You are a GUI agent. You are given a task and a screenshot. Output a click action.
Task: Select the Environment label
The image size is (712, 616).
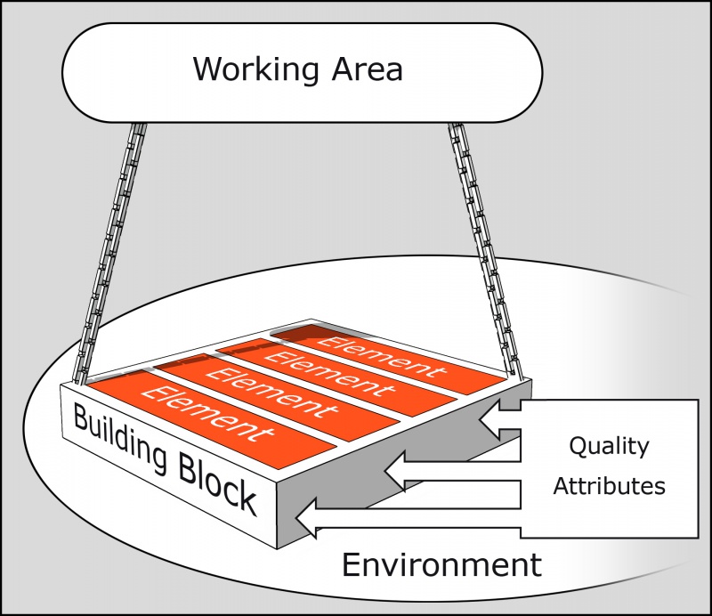pyautogui.click(x=442, y=563)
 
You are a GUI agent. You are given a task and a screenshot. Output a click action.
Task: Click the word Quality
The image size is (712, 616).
pyautogui.click(x=609, y=445)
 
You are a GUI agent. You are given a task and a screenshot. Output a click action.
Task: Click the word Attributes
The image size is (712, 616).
pyautogui.click(x=609, y=486)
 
